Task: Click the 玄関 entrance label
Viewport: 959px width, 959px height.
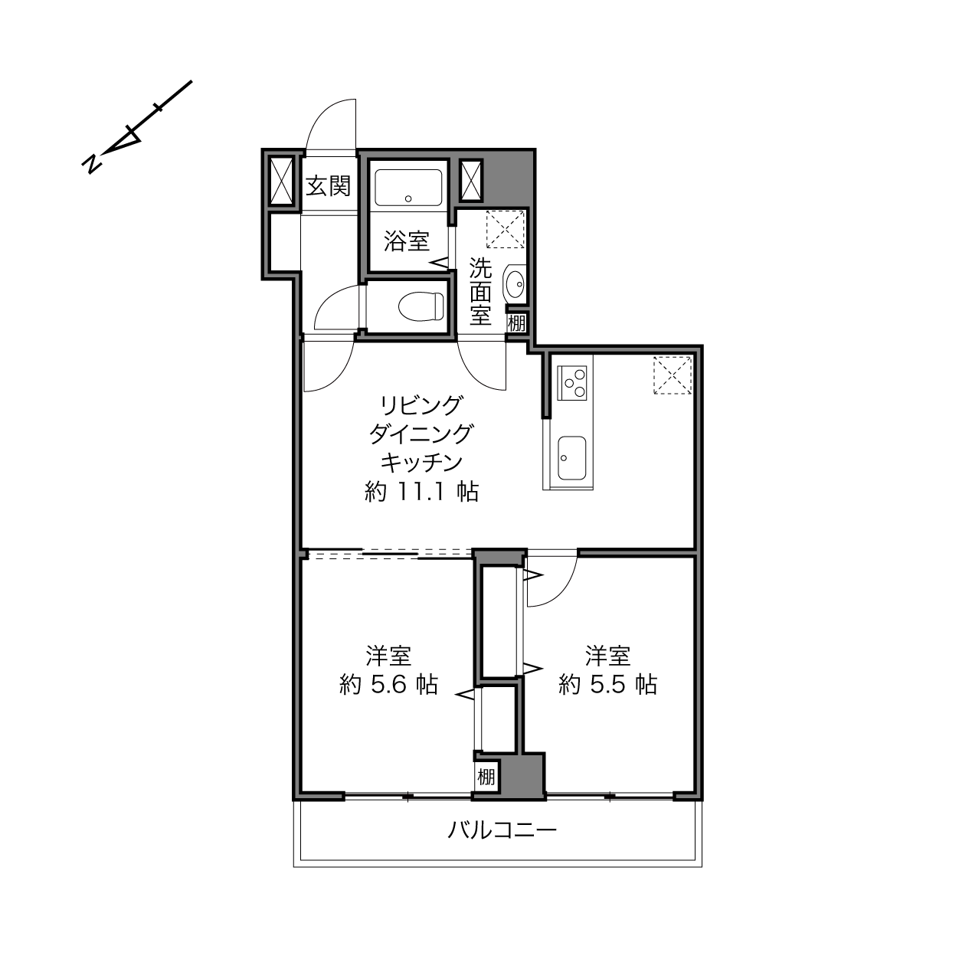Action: click(x=328, y=186)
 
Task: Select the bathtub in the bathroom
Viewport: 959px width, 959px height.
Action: click(x=408, y=188)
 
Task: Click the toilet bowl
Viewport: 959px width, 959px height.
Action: click(x=421, y=306)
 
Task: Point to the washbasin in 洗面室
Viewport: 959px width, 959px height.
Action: click(x=514, y=284)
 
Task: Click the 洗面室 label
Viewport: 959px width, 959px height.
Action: click(x=480, y=292)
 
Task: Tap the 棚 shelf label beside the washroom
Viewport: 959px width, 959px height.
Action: click(x=516, y=323)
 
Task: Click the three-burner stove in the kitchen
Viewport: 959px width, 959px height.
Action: click(x=572, y=383)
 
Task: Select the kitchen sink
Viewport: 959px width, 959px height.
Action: click(x=572, y=458)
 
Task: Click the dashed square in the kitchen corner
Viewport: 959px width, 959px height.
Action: click(x=672, y=375)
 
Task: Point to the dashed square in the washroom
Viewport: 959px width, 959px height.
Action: click(x=505, y=229)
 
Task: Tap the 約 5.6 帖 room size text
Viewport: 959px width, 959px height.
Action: click(x=388, y=685)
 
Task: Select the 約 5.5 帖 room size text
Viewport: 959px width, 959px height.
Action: click(x=607, y=685)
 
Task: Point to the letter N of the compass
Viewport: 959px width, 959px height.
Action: click(x=92, y=163)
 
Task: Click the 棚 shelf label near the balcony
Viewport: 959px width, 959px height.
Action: click(x=486, y=777)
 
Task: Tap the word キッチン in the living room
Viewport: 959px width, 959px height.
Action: click(x=422, y=463)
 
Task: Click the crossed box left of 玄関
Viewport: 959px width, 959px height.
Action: click(x=281, y=181)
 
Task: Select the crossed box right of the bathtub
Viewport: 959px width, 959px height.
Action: click(x=470, y=180)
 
